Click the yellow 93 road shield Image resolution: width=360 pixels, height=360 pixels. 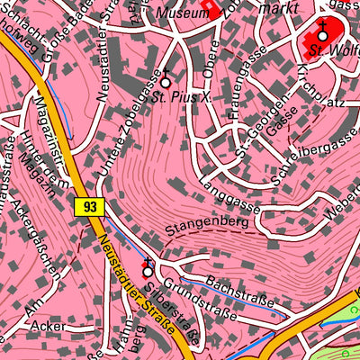click(87, 206)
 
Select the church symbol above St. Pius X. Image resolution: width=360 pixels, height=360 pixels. click(165, 79)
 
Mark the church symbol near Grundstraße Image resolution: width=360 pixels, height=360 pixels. click(147, 268)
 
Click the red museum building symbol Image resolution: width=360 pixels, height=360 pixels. click(211, 7)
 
